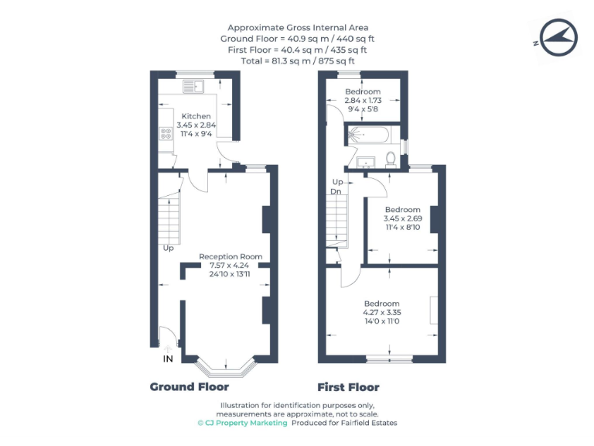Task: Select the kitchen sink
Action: click(192, 86)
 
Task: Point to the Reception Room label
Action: click(230, 256)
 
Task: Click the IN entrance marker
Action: click(167, 359)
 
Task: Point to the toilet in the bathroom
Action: click(391, 158)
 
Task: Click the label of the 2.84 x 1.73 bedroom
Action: click(363, 92)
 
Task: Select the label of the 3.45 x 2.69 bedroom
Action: click(403, 210)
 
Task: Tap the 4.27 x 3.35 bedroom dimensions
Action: click(381, 312)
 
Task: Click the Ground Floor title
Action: click(189, 386)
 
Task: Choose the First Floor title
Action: click(349, 386)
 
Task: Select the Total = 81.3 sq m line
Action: click(297, 60)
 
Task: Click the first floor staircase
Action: click(336, 220)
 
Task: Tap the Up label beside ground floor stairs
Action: click(168, 249)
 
